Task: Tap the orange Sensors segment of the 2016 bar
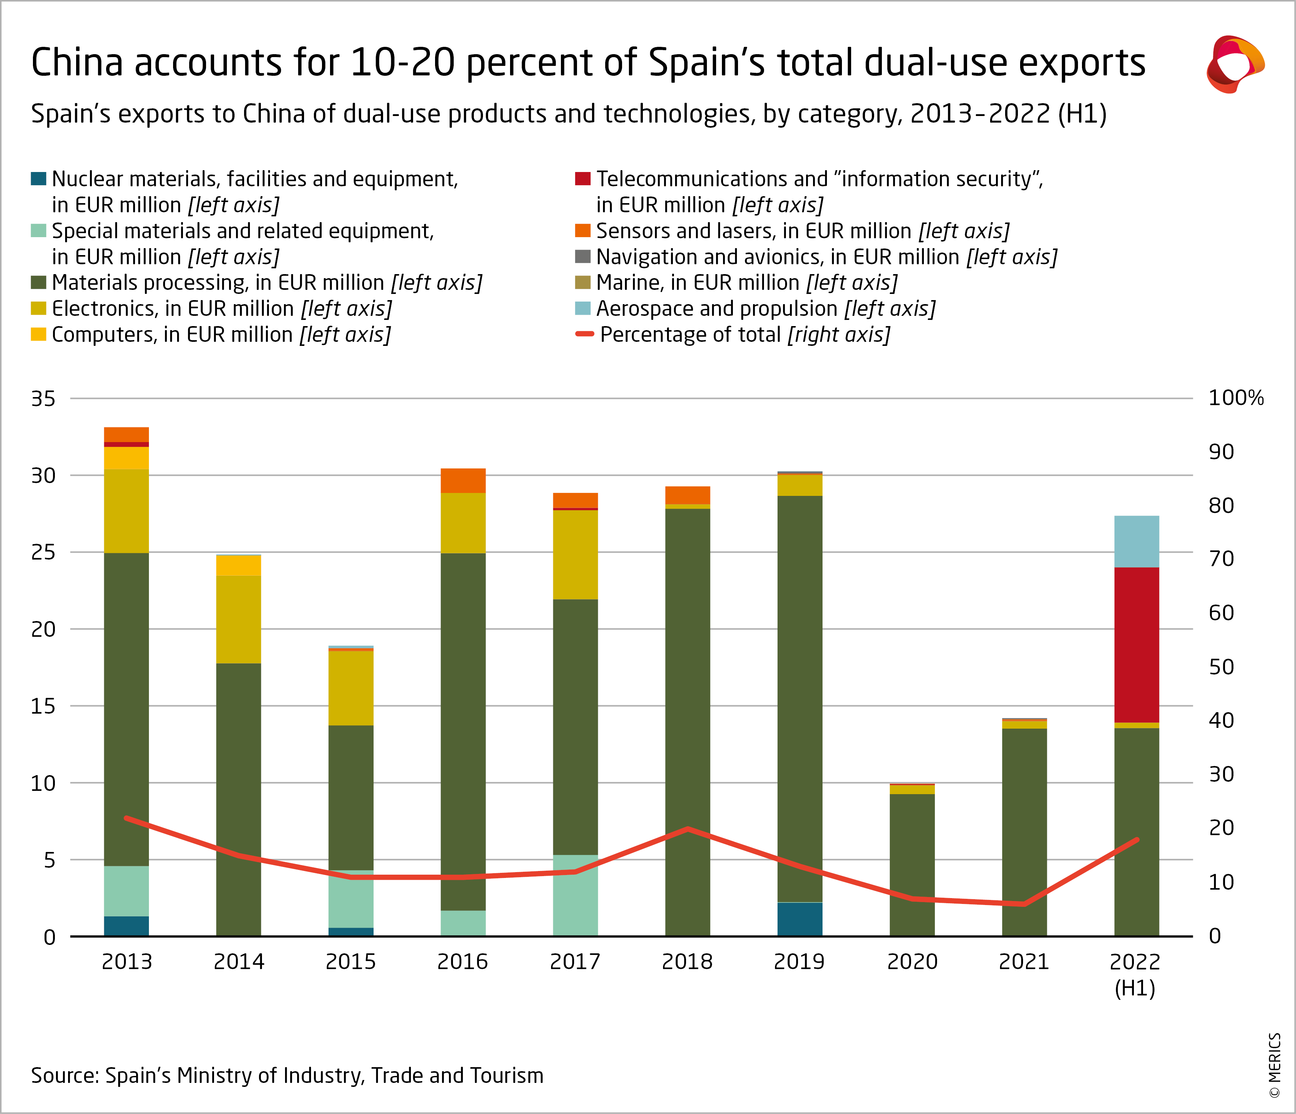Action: (x=463, y=481)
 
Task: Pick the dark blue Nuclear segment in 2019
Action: (x=799, y=919)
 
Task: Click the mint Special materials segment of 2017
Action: (x=575, y=894)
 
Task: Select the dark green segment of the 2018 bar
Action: (x=688, y=719)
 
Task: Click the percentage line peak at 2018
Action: (x=688, y=829)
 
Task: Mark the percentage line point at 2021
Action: (x=1024, y=904)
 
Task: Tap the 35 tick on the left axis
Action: (x=43, y=399)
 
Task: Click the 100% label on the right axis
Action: (x=1235, y=398)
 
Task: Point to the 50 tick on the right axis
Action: (x=1221, y=667)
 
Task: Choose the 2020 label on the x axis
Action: (x=912, y=961)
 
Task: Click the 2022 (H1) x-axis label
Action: (x=1135, y=973)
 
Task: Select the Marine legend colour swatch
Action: (x=583, y=283)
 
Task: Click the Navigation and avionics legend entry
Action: (x=825, y=257)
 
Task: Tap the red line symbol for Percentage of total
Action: (x=584, y=334)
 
